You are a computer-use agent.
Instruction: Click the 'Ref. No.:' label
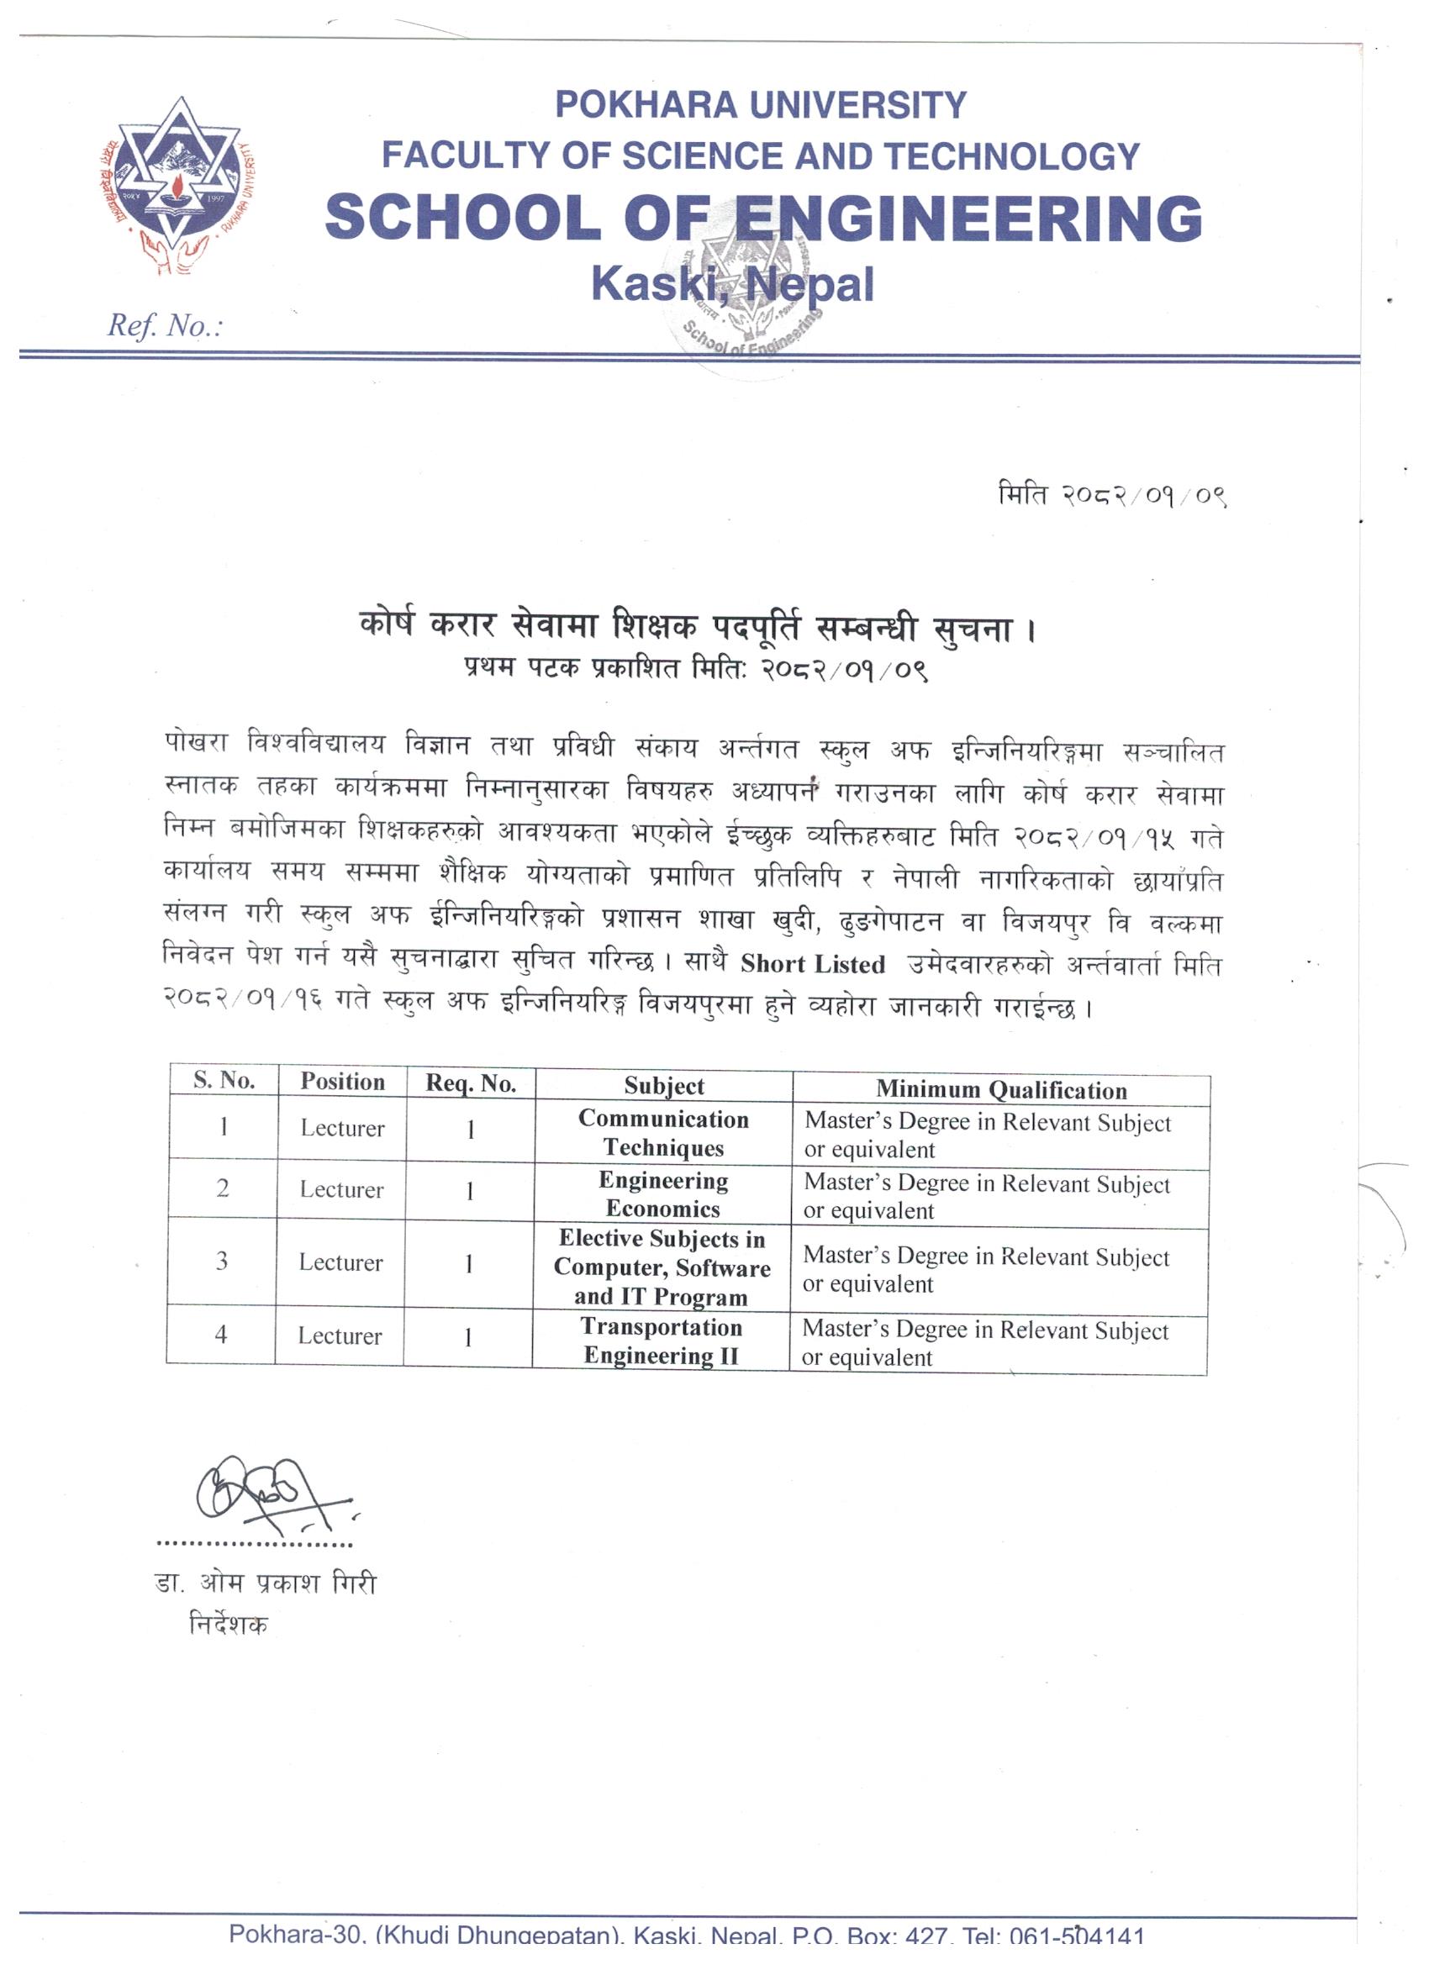click(x=165, y=326)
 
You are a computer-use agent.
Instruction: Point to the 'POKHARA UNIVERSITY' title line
click(x=760, y=106)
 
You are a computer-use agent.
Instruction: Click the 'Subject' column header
click(x=664, y=1086)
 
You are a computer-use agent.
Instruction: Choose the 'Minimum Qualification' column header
click(x=1001, y=1089)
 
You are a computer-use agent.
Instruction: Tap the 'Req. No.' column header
click(x=471, y=1084)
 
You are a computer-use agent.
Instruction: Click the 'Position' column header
click(x=342, y=1082)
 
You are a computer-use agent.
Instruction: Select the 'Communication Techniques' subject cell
click(x=663, y=1133)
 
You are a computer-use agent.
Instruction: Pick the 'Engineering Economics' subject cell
click(x=663, y=1194)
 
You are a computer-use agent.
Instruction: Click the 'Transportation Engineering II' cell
click(x=662, y=1341)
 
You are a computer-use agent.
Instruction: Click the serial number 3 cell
click(x=222, y=1262)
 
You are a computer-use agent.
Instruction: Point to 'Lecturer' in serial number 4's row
click(x=340, y=1336)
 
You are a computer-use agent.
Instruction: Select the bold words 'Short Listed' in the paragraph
click(x=812, y=964)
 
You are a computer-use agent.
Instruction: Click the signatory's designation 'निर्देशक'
click(x=229, y=1625)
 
